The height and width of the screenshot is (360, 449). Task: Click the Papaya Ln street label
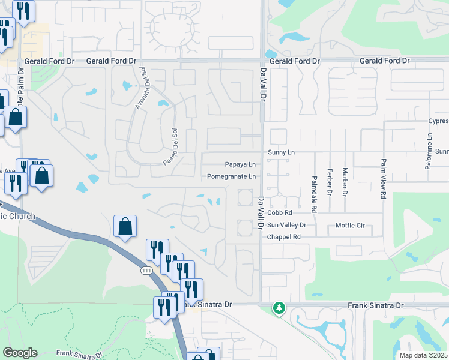(240, 164)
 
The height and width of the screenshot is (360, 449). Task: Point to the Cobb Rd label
(279, 213)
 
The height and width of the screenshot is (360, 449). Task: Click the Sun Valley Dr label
(287, 226)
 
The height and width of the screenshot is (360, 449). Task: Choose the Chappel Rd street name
(284, 237)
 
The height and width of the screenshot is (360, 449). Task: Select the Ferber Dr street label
(330, 182)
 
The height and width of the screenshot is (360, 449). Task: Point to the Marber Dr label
(345, 181)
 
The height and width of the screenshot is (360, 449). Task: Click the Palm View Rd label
(383, 179)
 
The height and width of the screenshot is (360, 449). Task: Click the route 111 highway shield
(146, 271)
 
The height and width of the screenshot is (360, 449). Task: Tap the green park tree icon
(279, 308)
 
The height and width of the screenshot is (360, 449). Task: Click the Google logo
(20, 353)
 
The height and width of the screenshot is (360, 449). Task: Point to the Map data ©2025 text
(423, 355)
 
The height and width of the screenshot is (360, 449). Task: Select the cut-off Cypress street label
(438, 120)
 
